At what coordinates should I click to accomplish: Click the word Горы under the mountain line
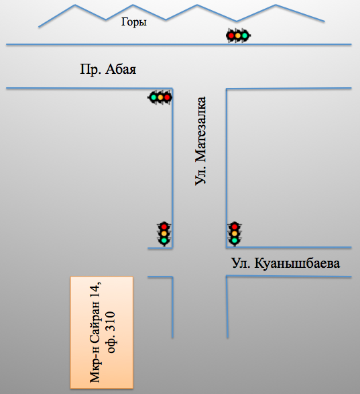coord(134,22)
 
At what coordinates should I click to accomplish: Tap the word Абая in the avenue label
coord(121,69)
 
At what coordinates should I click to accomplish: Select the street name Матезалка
coord(200,130)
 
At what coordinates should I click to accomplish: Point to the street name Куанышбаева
coord(297,264)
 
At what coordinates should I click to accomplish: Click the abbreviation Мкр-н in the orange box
coord(95,366)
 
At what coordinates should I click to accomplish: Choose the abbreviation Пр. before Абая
coord(91,69)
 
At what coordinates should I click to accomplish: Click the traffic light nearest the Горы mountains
coord(238,36)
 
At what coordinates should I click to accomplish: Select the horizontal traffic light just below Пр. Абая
coord(160,97)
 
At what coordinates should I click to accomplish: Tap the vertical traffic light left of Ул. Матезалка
coord(164,234)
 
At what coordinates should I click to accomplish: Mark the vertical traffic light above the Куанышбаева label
coord(234,234)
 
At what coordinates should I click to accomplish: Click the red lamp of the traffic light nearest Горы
coord(231,36)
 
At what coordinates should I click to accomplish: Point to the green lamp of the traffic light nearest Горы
coord(245,36)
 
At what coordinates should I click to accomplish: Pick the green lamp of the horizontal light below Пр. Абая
coord(154,97)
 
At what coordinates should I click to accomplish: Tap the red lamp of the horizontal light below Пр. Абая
coord(167,97)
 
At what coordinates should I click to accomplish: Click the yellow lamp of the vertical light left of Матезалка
coord(164,234)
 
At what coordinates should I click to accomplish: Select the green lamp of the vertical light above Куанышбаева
coord(234,240)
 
